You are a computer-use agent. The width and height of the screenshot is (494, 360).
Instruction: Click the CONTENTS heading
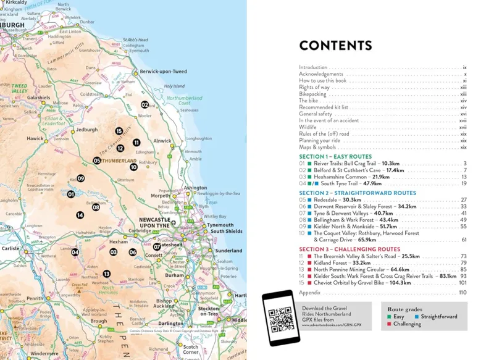(x=335, y=46)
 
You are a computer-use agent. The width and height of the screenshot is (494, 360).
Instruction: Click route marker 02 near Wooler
(x=144, y=105)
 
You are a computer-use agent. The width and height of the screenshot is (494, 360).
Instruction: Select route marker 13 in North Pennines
(x=107, y=274)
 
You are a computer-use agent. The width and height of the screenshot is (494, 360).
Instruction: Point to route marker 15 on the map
(x=119, y=131)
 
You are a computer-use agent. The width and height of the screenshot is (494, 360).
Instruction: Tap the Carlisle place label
(x=11, y=249)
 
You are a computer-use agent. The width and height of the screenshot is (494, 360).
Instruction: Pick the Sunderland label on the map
(x=229, y=251)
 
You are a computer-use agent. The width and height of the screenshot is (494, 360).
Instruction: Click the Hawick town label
(x=35, y=138)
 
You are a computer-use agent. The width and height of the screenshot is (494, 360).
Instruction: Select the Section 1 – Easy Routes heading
(x=335, y=157)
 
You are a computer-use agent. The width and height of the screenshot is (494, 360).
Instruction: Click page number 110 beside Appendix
(x=462, y=292)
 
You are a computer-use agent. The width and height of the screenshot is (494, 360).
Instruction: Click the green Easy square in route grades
(x=389, y=317)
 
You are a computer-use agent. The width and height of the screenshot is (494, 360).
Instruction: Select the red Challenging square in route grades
(x=389, y=324)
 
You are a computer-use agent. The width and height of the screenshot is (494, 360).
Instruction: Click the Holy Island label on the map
(x=174, y=86)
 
